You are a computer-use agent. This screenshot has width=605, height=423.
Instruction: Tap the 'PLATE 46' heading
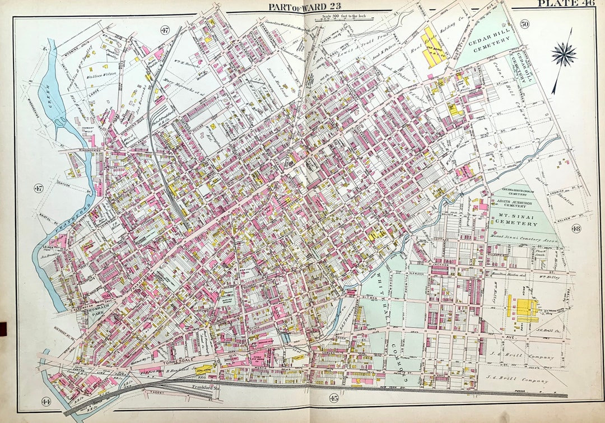[566, 4]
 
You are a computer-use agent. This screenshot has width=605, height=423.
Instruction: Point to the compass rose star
[563, 54]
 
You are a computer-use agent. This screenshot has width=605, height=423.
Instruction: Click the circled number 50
[524, 24]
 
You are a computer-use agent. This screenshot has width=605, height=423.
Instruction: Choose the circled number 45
[333, 398]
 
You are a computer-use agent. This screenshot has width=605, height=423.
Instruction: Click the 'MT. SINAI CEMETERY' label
[515, 219]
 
